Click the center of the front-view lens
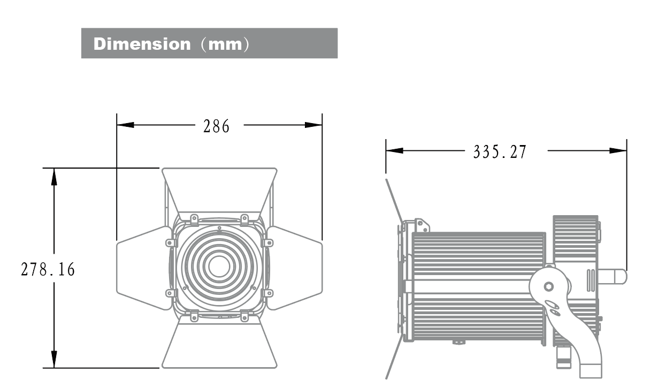pyautogui.click(x=219, y=266)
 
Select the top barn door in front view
pyautogui.click(x=219, y=190)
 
